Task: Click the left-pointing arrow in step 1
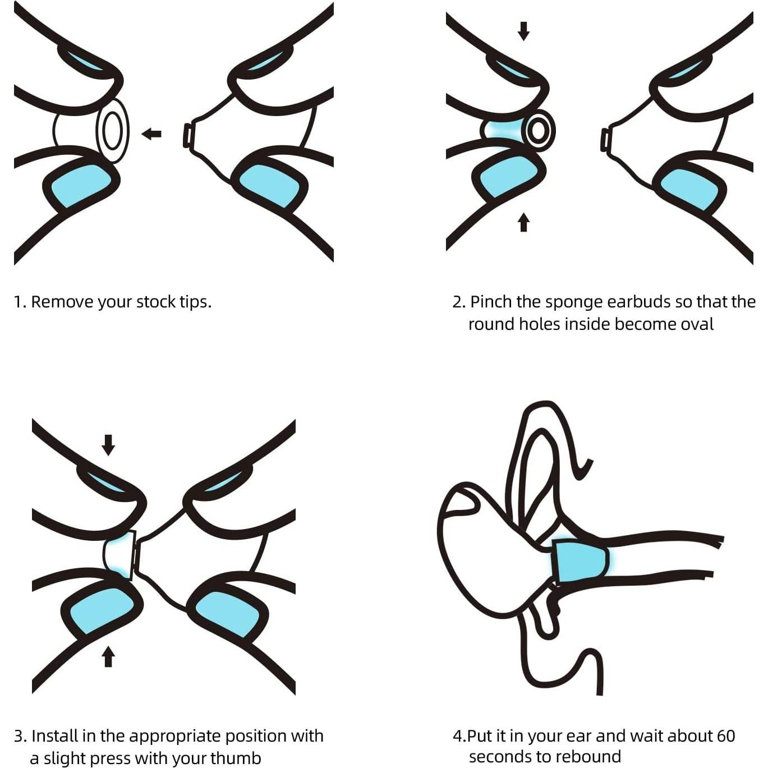pos(151,134)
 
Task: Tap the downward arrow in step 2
pos(524,31)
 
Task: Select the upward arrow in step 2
pos(524,222)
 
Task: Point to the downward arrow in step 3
pos(108,445)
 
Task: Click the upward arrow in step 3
pos(108,656)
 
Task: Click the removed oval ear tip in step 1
pos(112,131)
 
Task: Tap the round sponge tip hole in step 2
pos(539,131)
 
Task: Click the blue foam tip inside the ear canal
pos(581,561)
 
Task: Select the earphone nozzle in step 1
pos(186,136)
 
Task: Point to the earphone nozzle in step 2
pos(605,139)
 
